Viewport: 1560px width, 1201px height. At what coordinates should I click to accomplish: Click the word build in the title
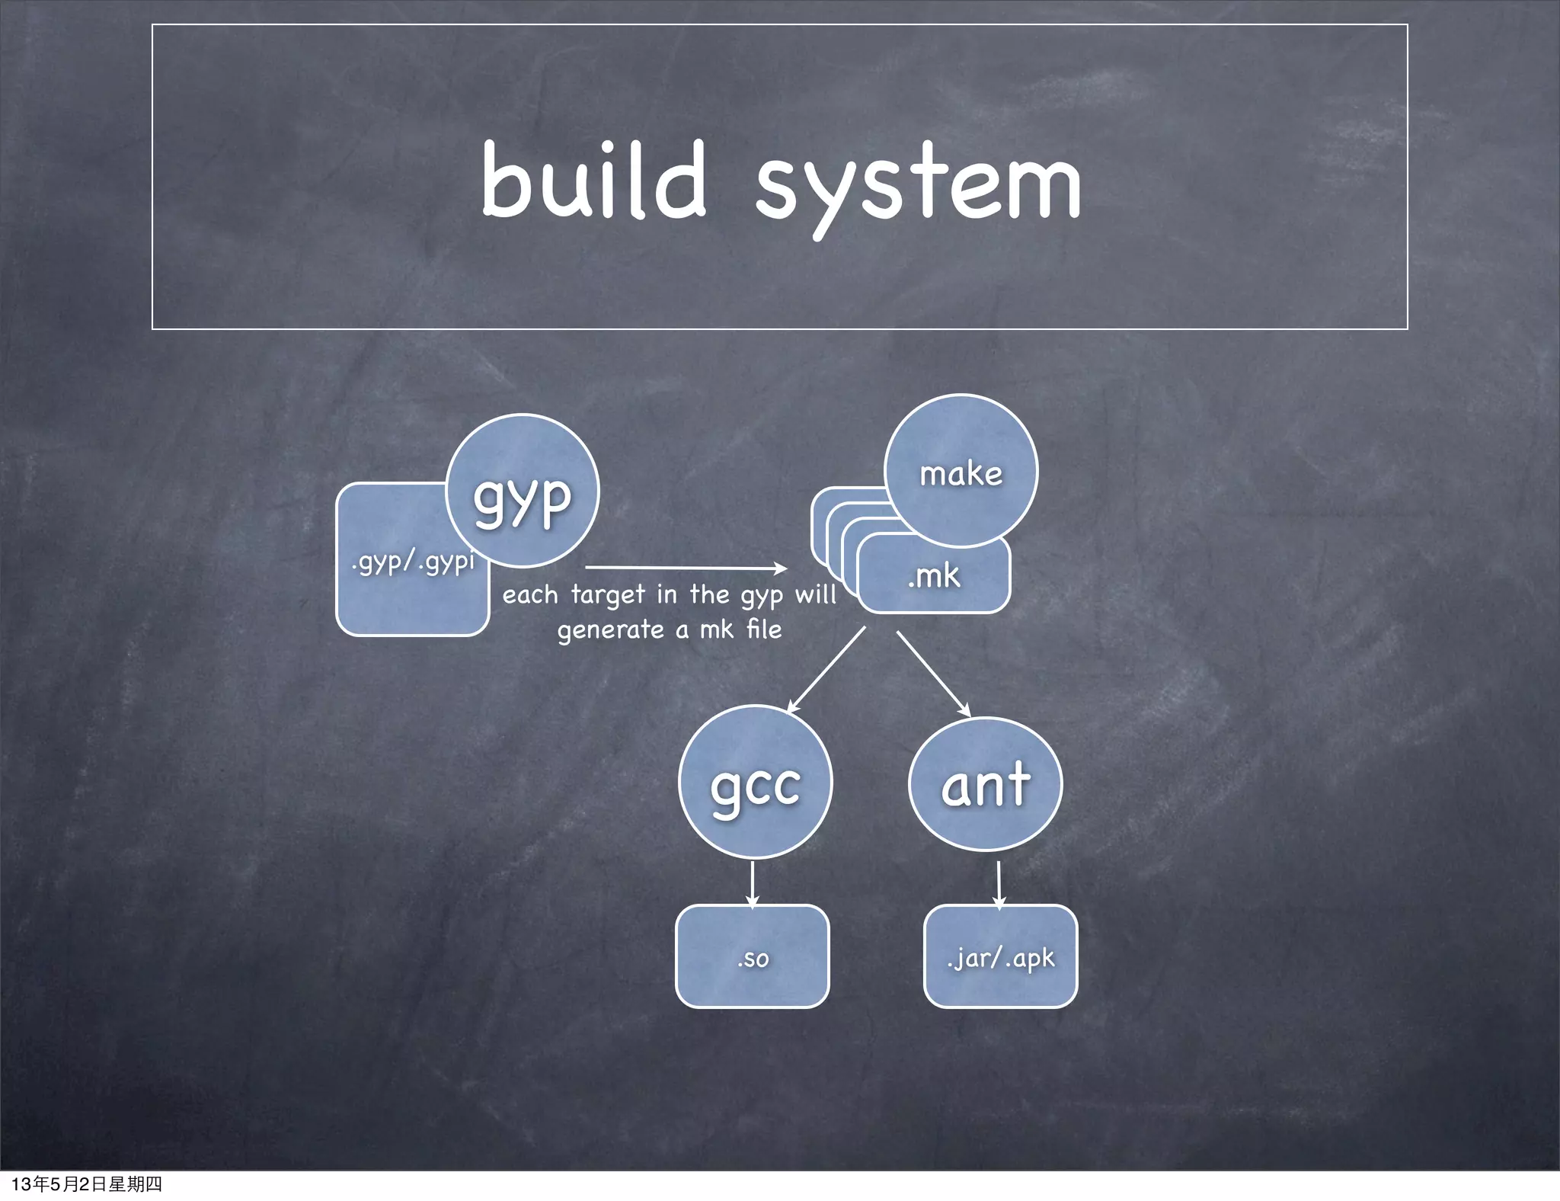point(593,181)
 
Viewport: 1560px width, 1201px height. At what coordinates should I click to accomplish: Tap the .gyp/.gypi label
point(412,562)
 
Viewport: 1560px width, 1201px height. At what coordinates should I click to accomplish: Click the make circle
point(961,472)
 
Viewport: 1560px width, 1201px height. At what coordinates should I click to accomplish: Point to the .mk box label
point(934,575)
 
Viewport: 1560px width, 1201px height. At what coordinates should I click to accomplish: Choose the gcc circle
point(755,783)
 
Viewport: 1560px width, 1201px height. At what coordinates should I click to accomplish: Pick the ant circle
point(985,784)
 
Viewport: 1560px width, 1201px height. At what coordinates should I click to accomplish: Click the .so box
point(753,957)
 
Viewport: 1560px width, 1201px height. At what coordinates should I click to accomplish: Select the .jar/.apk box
point(1000,957)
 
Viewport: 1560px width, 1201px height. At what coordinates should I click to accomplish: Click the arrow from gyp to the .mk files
point(686,568)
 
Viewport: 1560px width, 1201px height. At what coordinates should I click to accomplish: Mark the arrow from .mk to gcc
point(826,670)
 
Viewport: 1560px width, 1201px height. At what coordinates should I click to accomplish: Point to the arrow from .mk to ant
point(933,674)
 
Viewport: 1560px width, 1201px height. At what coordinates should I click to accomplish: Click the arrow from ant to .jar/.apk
point(999,884)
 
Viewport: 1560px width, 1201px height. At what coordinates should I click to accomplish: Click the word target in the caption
point(608,594)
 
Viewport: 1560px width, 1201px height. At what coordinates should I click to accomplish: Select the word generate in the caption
point(611,630)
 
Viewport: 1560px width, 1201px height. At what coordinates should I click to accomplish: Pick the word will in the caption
point(816,594)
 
